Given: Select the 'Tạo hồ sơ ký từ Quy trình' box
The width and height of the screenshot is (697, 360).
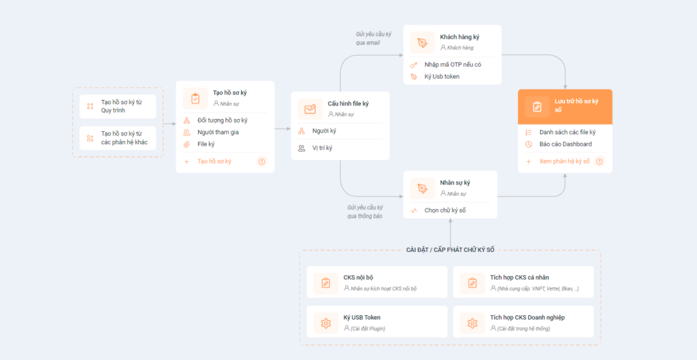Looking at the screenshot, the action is point(118,106).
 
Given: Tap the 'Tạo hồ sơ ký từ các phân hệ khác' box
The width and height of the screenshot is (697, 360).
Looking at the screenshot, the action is point(118,138).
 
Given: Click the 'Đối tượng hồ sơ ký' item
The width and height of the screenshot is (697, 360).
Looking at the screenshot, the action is point(223,120).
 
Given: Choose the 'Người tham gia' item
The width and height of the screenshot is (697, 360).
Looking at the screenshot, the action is point(218,132).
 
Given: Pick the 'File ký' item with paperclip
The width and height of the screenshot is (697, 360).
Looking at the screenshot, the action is point(206,144).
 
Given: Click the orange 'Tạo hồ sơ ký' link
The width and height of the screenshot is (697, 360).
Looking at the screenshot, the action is point(214,161).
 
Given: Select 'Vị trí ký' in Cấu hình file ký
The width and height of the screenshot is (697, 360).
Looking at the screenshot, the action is point(322,148).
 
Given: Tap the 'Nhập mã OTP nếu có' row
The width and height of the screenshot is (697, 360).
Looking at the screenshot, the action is point(453,65).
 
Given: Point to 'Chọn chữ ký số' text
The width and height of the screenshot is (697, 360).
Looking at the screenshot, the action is point(445,210).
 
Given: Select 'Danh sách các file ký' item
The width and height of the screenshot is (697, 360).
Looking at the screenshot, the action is point(568,132).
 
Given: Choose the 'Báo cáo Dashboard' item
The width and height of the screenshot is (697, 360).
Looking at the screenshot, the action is point(566,144).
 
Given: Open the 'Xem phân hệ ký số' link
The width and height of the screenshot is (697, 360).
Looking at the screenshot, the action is point(564,161).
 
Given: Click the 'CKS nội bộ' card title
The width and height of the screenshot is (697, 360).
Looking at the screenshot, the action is point(358,278).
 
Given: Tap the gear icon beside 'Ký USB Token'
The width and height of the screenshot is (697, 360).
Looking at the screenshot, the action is point(326,323).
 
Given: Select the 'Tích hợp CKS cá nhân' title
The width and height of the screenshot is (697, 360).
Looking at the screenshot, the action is point(519,278).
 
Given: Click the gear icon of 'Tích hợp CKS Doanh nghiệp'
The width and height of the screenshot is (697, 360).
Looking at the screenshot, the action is point(472,323).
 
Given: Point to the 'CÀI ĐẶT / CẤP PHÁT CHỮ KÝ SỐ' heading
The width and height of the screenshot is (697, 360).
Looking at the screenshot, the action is point(451,250).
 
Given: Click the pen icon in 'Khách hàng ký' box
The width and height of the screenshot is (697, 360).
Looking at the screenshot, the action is point(422,43).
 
